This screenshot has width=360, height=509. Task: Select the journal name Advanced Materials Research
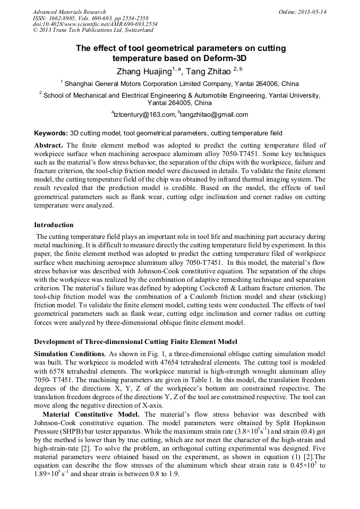click(x=69, y=12)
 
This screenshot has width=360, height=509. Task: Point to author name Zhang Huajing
click(x=142, y=72)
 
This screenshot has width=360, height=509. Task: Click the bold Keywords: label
click(x=51, y=133)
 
